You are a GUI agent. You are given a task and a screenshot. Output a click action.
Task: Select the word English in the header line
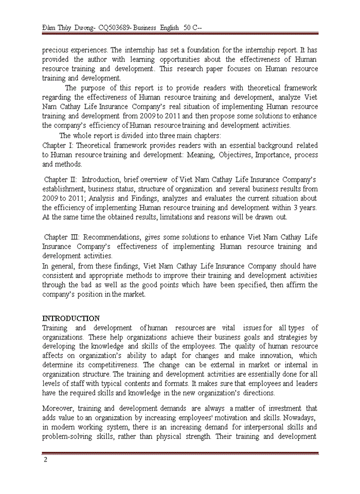[166, 27]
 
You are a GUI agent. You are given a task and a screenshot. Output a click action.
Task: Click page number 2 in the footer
[45, 460]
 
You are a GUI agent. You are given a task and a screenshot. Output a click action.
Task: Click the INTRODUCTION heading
[71, 318]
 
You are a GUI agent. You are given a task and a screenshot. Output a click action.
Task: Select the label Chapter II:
[60, 179]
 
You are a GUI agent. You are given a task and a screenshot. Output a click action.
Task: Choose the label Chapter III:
[61, 237]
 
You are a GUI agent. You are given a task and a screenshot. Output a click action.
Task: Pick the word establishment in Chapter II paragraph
[65, 188]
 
